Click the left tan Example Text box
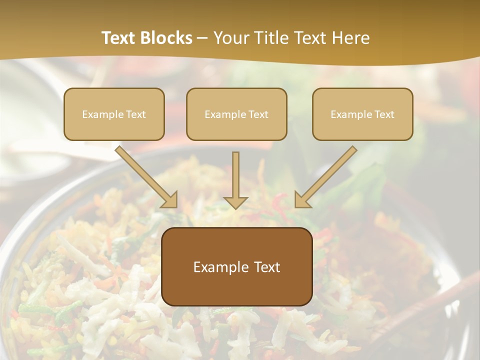click(114, 114)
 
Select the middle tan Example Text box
click(236, 114)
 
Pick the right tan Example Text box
click(362, 114)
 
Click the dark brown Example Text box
click(237, 266)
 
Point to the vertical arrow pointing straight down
click(235, 177)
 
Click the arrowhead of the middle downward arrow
click(235, 202)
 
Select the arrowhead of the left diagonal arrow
click(170, 200)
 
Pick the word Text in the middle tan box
click(258, 114)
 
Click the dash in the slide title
click(202, 38)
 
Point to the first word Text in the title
click(120, 38)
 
